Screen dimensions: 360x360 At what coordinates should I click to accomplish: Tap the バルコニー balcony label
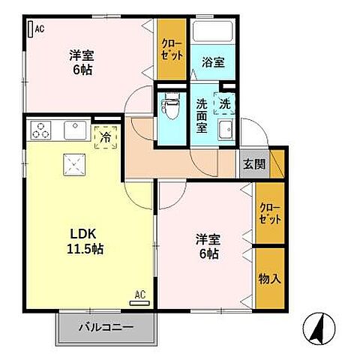107,328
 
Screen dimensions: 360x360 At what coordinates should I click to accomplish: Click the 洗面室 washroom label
202,116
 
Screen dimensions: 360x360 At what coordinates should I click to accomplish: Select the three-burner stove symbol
42,130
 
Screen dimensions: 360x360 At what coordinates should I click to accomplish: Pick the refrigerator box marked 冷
106,137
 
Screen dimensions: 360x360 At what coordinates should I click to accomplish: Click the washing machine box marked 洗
224,102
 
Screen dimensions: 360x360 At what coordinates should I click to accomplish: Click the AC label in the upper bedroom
37,29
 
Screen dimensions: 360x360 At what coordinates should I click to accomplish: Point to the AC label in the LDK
139,295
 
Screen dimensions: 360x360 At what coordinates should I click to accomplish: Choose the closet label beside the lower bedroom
271,214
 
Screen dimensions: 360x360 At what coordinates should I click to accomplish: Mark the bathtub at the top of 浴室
213,32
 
